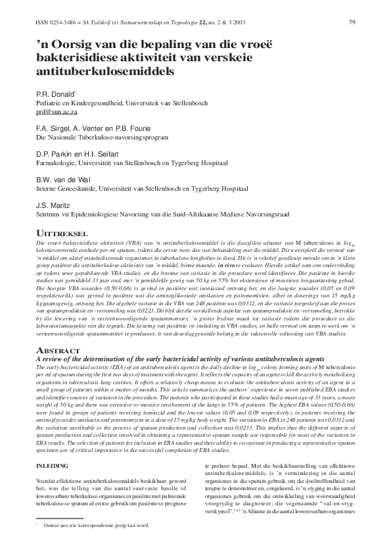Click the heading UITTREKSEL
click(x=62, y=233)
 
